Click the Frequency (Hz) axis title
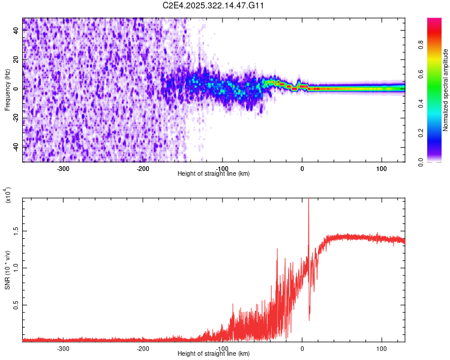pos(7,90)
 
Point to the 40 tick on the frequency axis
pos(17,31)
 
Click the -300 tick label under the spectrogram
pos(63,169)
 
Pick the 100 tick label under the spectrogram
pos(381,169)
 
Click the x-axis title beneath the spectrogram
pos(214,174)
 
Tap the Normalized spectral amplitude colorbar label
pos(446,90)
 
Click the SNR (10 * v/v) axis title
pos(7,270)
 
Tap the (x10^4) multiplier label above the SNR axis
pos(8,195)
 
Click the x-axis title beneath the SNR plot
pos(214,354)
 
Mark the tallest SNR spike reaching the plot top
pos(308,200)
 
